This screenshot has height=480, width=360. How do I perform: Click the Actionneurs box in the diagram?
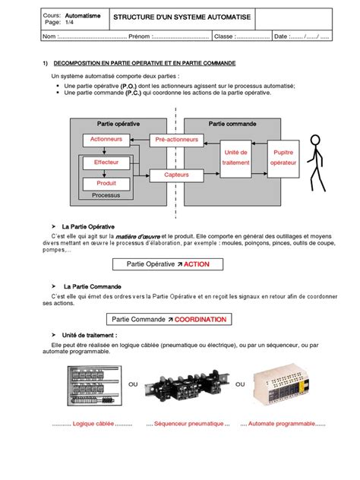(106, 140)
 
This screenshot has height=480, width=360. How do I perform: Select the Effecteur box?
(106, 163)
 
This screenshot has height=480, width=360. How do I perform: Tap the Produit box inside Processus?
(106, 183)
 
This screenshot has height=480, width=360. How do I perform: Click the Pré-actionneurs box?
(176, 140)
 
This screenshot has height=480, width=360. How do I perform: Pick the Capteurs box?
(176, 175)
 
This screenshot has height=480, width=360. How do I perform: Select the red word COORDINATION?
(201, 320)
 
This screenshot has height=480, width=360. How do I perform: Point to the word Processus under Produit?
(106, 195)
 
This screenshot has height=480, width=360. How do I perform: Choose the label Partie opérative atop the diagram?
(119, 123)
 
